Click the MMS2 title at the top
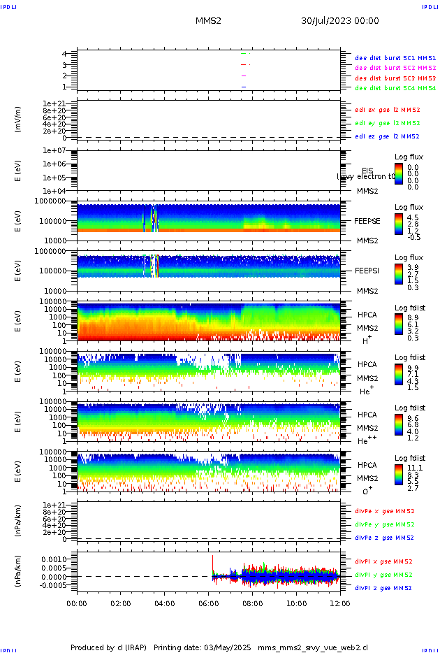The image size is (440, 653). click(208, 21)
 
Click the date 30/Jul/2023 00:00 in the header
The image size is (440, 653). click(340, 21)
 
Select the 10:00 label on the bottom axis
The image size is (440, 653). click(296, 603)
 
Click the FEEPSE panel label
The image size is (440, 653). click(367, 221)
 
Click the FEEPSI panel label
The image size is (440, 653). click(367, 271)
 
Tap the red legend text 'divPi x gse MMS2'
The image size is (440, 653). click(384, 561)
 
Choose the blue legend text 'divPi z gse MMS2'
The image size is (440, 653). click(384, 588)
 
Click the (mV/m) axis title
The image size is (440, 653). click(17, 120)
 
